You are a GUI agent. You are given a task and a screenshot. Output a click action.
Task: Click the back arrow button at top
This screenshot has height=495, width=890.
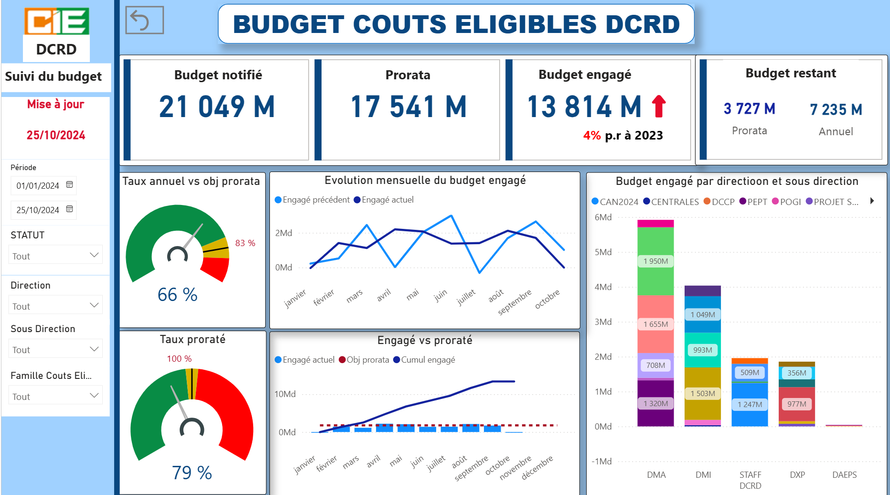(144, 20)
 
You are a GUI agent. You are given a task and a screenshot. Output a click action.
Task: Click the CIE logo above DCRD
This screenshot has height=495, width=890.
(56, 21)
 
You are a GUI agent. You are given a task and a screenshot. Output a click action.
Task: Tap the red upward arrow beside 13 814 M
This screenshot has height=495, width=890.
(659, 106)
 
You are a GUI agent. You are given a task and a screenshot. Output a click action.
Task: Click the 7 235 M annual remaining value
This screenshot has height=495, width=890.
(836, 109)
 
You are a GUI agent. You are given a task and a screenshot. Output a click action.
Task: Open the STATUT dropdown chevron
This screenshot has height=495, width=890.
(94, 255)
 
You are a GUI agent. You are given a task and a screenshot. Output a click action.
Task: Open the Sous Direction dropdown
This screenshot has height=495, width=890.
(55, 349)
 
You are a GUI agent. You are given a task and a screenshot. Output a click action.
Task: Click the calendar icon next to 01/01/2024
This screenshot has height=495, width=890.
(69, 185)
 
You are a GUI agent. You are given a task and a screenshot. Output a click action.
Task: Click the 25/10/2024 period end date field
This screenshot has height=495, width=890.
(38, 210)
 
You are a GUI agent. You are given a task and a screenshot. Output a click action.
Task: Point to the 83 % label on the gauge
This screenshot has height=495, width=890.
(245, 243)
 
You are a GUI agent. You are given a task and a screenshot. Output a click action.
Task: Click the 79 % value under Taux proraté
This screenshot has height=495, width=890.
(192, 473)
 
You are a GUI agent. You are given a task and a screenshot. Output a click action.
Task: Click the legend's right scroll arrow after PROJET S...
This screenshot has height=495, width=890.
(872, 201)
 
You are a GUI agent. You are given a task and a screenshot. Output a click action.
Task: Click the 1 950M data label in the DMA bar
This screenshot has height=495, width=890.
(655, 261)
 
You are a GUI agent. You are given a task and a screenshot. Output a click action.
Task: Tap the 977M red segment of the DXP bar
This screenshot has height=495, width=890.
(796, 404)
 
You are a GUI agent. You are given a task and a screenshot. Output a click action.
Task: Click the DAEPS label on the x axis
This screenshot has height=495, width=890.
(844, 475)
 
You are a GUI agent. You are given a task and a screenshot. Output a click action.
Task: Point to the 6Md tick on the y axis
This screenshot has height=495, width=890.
(603, 217)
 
